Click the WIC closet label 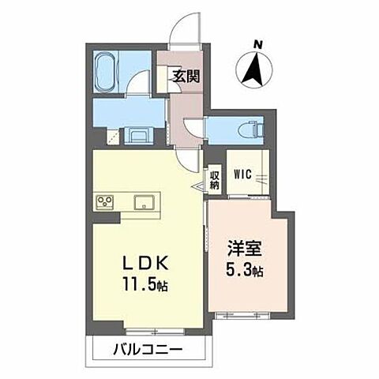(242, 175)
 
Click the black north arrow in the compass (255, 69)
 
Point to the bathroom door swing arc (141, 82)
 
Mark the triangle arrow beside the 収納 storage (214, 188)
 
